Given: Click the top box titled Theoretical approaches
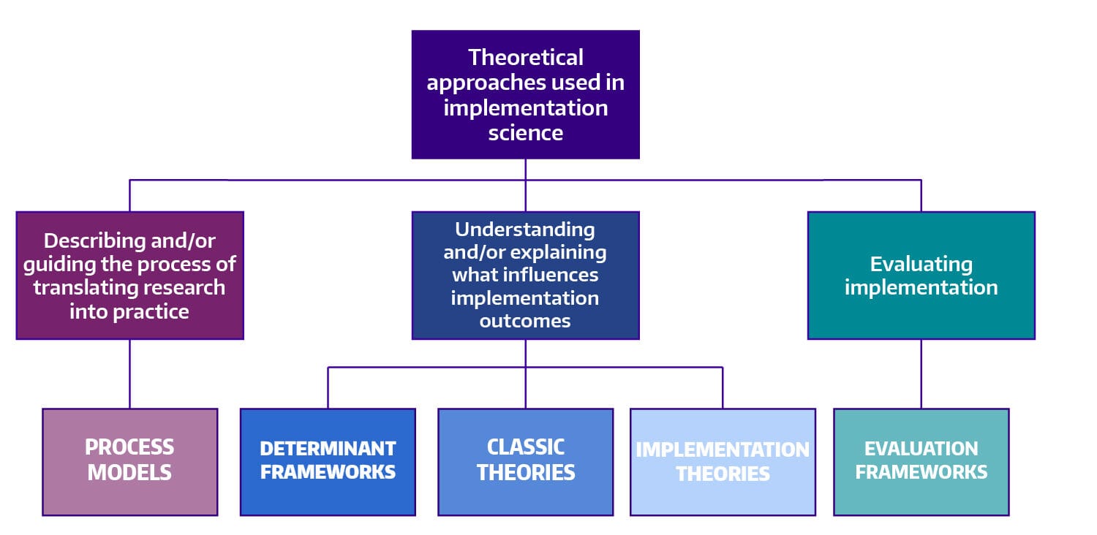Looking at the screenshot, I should [x=525, y=94].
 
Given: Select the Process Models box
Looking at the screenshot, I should [x=129, y=461].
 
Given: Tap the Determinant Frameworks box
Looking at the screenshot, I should [x=328, y=461].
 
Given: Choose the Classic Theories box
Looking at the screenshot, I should [x=525, y=461].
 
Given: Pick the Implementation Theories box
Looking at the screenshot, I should [x=723, y=461].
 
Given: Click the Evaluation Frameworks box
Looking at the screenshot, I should [x=921, y=461].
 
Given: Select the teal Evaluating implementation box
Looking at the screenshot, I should [x=921, y=275].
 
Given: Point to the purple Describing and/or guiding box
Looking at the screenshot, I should [x=129, y=275].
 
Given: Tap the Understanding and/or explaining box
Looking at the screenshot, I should [x=525, y=275].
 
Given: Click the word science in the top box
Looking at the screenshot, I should [x=525, y=132].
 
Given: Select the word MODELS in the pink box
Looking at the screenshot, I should [x=129, y=472].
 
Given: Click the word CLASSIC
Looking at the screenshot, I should [x=525, y=447].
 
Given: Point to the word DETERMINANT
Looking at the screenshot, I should [x=328, y=448].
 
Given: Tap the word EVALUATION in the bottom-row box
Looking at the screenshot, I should [x=921, y=448].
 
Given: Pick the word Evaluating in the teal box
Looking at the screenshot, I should [x=921, y=263].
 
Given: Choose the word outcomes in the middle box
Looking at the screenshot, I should [x=525, y=321].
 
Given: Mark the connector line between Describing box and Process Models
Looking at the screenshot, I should [x=129, y=373].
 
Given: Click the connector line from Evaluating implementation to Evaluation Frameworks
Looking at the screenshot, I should [x=921, y=373].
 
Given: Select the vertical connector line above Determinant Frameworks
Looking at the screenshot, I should [x=328, y=388].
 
